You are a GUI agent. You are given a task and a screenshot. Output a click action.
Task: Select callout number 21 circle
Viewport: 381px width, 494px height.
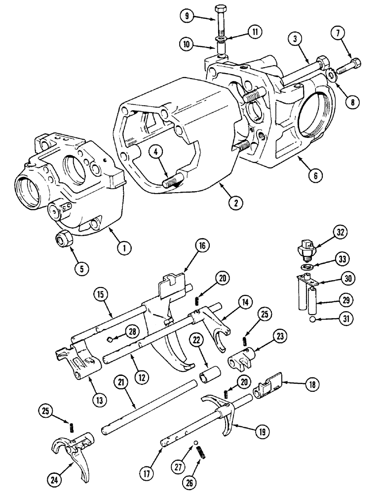(x=120, y=382)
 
